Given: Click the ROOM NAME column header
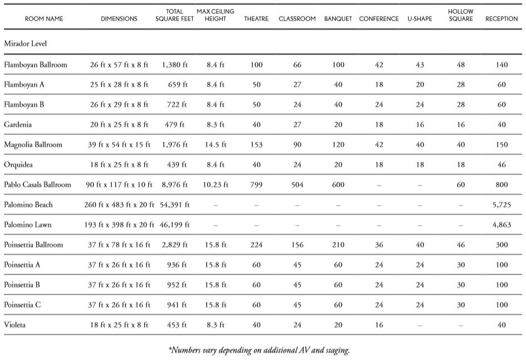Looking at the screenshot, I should click(x=44, y=18).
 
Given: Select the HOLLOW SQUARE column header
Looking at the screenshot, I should click(x=460, y=15).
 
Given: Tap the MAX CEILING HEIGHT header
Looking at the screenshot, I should click(x=215, y=15).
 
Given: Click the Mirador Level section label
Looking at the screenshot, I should click(x=25, y=43).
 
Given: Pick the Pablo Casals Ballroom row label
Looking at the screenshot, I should click(x=37, y=185).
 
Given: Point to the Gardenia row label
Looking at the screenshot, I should click(x=18, y=125).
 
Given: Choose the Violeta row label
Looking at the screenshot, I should click(x=15, y=325).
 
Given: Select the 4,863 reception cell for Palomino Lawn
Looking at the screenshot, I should click(x=502, y=225).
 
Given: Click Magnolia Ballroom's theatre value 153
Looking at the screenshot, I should click(x=256, y=145).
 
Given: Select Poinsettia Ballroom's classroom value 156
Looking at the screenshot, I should click(x=297, y=245).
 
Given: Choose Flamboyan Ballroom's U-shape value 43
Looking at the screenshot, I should click(x=420, y=65).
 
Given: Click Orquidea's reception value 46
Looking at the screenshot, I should click(x=502, y=165).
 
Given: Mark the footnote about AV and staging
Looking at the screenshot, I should click(x=259, y=350).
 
